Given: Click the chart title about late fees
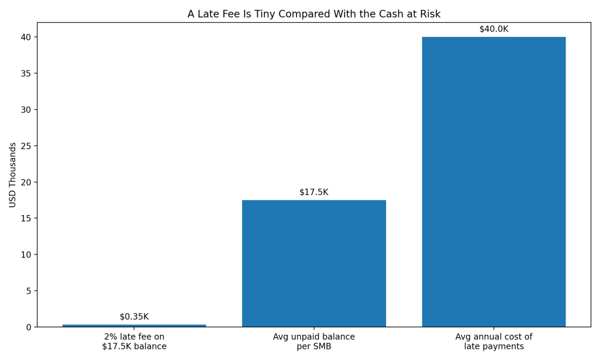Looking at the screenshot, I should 313,14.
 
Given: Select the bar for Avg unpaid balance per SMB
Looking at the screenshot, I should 313,263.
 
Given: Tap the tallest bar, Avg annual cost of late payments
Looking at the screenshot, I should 493,182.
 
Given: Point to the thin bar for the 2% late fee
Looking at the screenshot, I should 134,325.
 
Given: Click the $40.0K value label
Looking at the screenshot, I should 493,29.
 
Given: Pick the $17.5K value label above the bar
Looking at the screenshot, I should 313,192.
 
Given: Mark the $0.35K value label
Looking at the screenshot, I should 134,317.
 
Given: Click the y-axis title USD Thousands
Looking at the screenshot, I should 13,175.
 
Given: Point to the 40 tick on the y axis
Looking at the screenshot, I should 27,37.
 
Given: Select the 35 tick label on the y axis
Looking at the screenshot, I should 27,73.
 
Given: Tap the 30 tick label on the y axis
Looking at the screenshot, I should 27,110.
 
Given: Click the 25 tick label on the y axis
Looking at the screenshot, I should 27,146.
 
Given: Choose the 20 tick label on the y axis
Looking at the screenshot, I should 27,182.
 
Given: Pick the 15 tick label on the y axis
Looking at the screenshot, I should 27,218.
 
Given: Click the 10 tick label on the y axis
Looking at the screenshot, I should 27,254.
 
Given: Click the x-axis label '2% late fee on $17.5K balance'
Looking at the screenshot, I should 134,342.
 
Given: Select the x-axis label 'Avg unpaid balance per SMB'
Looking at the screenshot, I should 313,342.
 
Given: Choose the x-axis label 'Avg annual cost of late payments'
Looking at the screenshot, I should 493,342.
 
